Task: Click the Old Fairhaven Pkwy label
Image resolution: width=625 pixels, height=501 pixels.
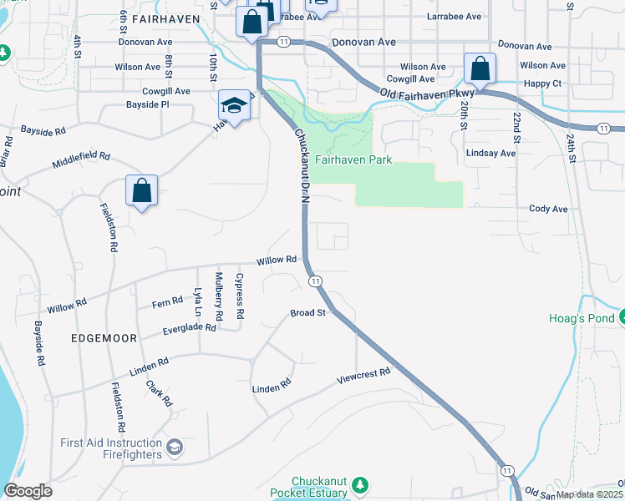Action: click(x=427, y=93)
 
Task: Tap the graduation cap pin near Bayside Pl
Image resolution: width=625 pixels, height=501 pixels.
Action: click(x=234, y=105)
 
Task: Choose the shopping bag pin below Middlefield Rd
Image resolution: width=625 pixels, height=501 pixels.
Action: click(x=142, y=190)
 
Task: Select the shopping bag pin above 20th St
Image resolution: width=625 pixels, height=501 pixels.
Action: click(x=480, y=68)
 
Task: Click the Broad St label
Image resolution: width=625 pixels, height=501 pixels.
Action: click(x=307, y=313)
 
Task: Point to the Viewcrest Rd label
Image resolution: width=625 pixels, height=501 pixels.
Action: click(x=363, y=374)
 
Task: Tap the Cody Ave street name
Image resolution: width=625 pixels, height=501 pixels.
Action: click(x=548, y=209)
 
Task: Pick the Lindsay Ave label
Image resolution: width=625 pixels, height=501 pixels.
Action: click(x=491, y=154)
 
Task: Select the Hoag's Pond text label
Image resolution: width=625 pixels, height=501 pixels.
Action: click(x=581, y=318)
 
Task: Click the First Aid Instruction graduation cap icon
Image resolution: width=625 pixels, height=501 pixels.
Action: click(x=174, y=448)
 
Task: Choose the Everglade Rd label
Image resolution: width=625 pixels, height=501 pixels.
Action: click(x=189, y=329)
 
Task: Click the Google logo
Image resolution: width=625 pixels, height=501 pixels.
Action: click(x=28, y=491)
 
